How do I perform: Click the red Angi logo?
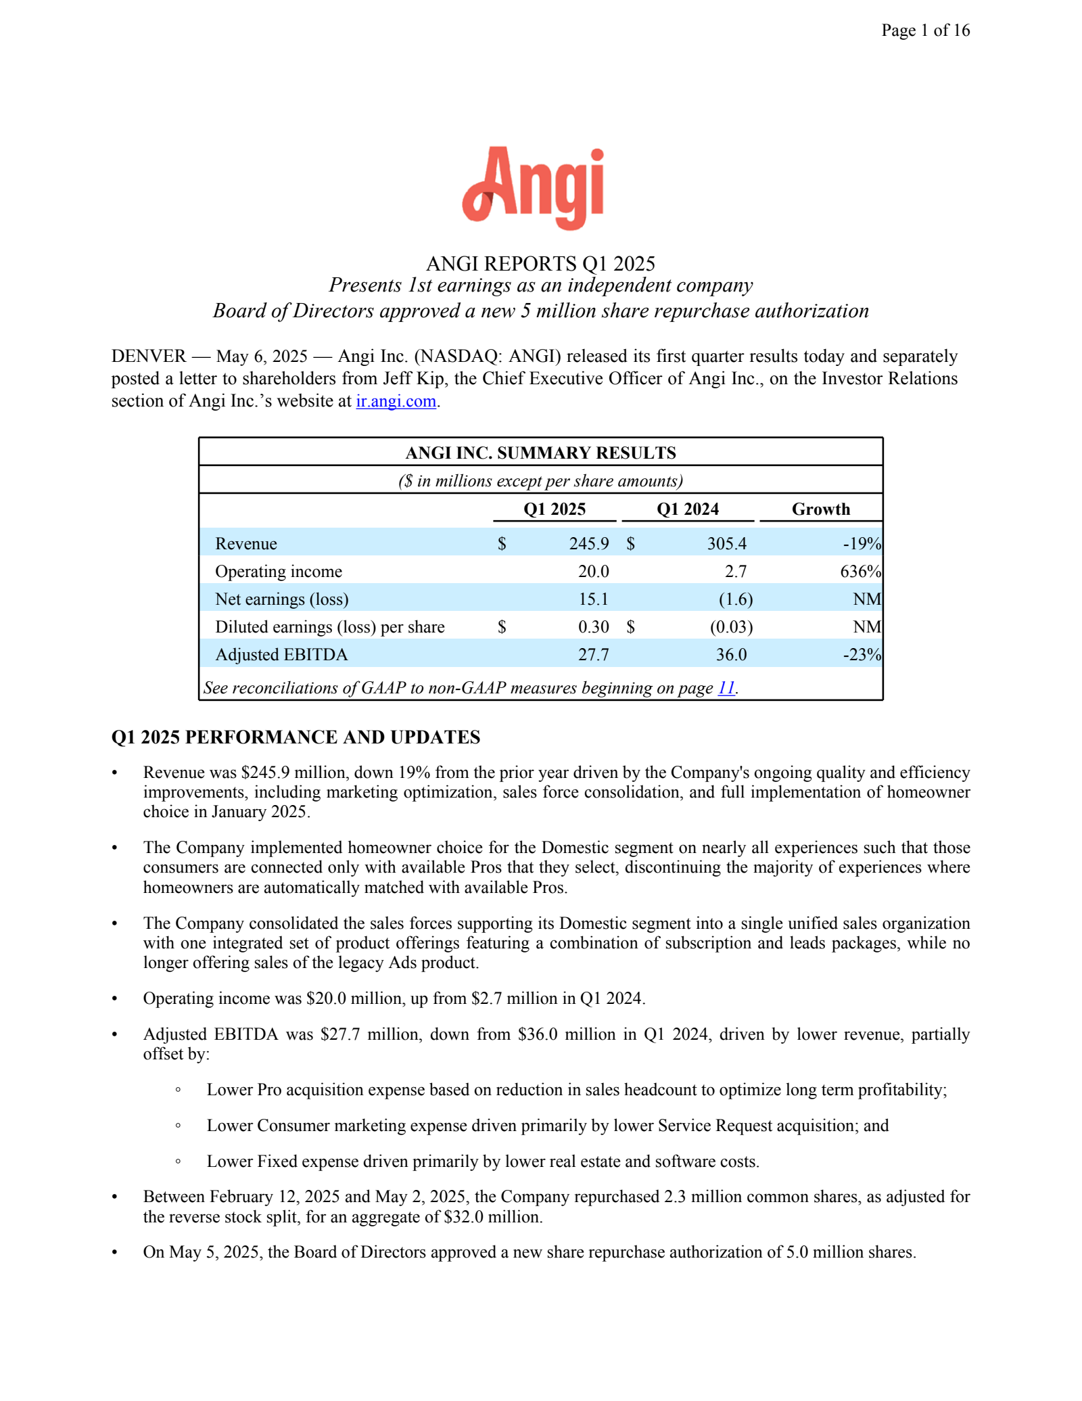[x=534, y=187]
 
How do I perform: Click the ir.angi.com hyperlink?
[x=396, y=401]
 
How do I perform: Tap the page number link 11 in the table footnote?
[x=726, y=688]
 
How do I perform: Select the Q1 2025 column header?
[x=555, y=509]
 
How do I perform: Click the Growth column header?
[x=820, y=509]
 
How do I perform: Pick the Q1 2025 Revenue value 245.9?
[x=589, y=544]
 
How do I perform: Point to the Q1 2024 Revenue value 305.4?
[x=727, y=544]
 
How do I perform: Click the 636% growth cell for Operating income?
[x=860, y=572]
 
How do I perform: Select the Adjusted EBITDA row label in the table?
[x=281, y=655]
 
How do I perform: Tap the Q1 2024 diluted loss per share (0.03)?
[x=731, y=627]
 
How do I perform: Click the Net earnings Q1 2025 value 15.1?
[x=593, y=599]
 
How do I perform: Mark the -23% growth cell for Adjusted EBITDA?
[x=862, y=655]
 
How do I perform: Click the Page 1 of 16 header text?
[x=925, y=30]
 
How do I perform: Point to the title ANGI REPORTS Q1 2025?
[x=540, y=263]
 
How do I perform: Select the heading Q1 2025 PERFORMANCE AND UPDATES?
[x=296, y=737]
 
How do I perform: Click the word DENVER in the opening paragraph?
[x=149, y=357]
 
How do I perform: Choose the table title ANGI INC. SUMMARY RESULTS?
[x=540, y=453]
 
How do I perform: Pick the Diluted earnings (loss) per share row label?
[x=330, y=627]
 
